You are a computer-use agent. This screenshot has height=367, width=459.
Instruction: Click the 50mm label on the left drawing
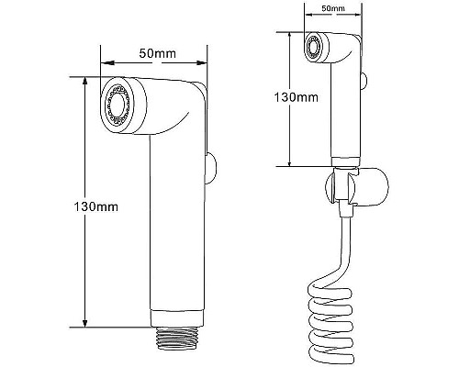(x=157, y=53)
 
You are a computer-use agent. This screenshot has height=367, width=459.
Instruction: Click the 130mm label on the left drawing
(x=95, y=207)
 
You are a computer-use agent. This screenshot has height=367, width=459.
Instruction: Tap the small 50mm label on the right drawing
(x=333, y=8)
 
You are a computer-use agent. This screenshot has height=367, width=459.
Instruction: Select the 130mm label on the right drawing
(x=296, y=97)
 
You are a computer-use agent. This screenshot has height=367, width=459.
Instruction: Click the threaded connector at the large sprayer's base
(x=177, y=338)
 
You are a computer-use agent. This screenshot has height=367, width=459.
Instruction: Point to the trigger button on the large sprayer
(x=210, y=168)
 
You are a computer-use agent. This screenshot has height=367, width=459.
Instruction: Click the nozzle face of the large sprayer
(x=118, y=105)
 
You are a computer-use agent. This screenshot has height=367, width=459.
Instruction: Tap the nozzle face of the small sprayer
(x=314, y=47)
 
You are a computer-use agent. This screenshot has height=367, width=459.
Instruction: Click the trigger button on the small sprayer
(x=364, y=80)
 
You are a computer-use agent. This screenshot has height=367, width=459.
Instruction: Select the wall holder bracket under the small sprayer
(x=357, y=186)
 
